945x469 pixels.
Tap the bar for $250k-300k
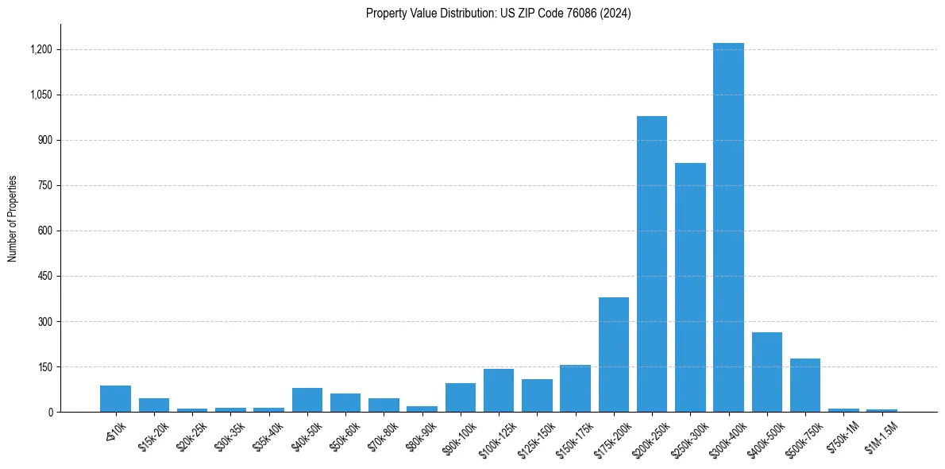pyautogui.click(x=690, y=287)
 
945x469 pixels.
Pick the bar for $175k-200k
pyautogui.click(x=614, y=355)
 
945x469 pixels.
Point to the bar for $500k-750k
pyautogui.click(x=805, y=386)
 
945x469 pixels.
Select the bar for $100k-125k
pyautogui.click(x=499, y=390)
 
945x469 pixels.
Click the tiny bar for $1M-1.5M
pyautogui.click(x=881, y=410)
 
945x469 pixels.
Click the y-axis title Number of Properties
pyautogui.click(x=13, y=219)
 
